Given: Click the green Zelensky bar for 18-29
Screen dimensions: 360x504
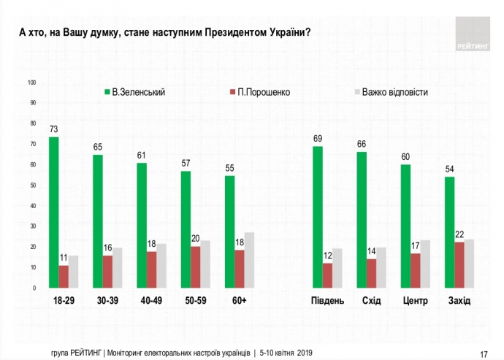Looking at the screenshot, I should click(54, 212).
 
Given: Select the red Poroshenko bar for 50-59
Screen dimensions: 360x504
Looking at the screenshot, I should click(196, 267).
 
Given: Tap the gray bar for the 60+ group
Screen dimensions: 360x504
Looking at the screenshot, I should click(249, 260).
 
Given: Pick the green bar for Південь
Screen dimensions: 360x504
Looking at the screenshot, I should click(318, 217).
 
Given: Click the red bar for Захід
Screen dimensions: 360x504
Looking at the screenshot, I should click(459, 265).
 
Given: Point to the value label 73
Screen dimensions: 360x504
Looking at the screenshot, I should click(54, 130).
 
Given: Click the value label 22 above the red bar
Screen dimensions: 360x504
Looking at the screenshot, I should click(459, 234).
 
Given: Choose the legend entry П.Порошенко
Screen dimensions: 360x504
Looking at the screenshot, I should click(258, 93).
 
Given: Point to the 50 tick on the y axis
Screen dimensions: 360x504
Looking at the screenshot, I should click(32, 185).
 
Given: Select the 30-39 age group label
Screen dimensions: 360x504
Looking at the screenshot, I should click(107, 301).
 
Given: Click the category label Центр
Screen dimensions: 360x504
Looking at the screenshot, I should click(416, 301).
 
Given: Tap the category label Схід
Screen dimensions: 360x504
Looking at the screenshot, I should click(371, 301).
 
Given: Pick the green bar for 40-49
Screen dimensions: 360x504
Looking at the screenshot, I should click(142, 225).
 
